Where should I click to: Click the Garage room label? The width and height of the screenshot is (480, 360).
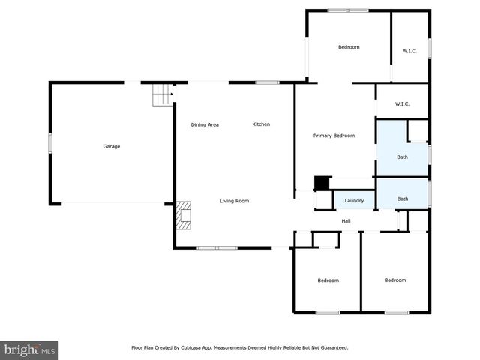[x=111, y=146]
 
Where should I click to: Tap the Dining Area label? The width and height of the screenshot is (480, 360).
[x=204, y=124]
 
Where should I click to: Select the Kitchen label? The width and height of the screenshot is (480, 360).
[x=260, y=124]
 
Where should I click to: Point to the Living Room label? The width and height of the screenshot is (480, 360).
[x=234, y=201]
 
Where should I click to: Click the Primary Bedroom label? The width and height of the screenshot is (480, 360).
[x=334, y=136]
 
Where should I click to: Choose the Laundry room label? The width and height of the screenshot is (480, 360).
[x=354, y=201]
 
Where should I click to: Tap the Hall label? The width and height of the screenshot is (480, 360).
[x=346, y=221]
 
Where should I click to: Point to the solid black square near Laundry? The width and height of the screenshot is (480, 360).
[x=321, y=183]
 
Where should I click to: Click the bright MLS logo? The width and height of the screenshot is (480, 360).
[x=30, y=349]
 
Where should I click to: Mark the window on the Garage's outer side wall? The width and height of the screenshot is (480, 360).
[x=50, y=143]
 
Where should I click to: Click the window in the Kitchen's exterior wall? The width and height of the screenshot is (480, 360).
[x=267, y=82]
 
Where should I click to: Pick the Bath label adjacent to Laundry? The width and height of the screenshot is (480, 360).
[x=402, y=199]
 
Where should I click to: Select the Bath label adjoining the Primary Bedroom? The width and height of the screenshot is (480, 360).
[x=402, y=157]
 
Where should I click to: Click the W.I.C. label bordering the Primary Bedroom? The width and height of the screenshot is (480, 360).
[x=402, y=105]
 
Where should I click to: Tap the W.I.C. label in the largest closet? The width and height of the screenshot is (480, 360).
[x=409, y=51]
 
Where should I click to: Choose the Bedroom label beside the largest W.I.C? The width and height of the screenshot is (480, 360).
[x=349, y=47]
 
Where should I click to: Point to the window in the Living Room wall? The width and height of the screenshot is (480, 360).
[x=217, y=247]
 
